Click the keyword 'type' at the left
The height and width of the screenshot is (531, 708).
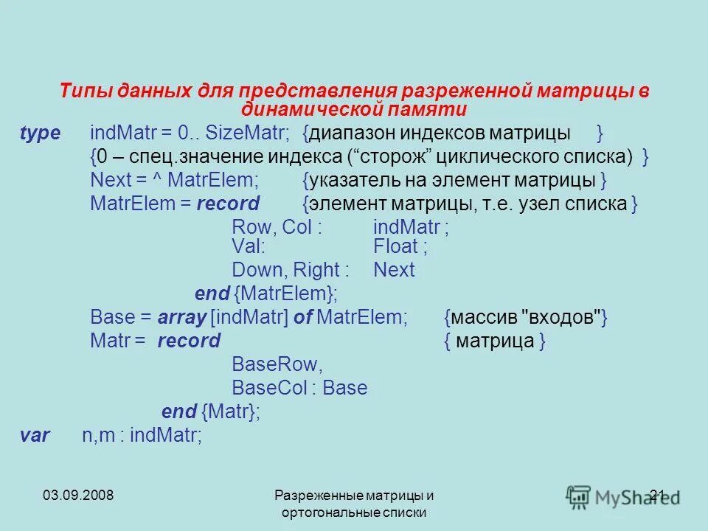pyautogui.click(x=40, y=133)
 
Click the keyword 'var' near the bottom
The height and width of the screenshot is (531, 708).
pyautogui.click(x=35, y=435)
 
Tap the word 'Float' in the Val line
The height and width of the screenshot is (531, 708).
pyautogui.click(x=396, y=246)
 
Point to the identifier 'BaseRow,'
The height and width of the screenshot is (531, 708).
pyautogui.click(x=277, y=364)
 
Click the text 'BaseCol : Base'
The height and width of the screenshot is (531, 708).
pyautogui.click(x=299, y=387)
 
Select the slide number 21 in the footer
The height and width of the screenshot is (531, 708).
pyautogui.click(x=659, y=494)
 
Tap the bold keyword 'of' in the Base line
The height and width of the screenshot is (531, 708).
pyautogui.click(x=302, y=317)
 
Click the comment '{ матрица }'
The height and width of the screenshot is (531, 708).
pyautogui.click(x=496, y=341)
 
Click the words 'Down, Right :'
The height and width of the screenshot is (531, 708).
pyautogui.click(x=291, y=270)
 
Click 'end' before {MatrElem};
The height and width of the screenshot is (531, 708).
pyautogui.click(x=212, y=294)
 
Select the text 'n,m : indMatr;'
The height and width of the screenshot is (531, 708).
pyautogui.click(x=142, y=435)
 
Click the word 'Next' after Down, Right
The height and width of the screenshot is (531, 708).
pyautogui.click(x=394, y=270)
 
